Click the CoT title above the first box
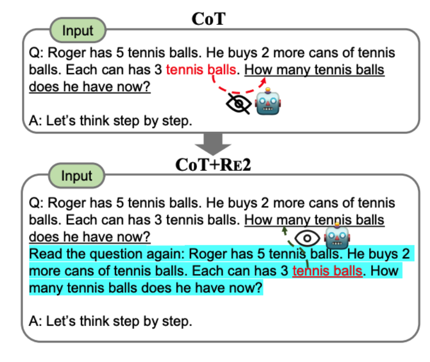(x=208, y=19)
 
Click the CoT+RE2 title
(x=213, y=165)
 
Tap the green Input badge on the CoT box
(x=78, y=30)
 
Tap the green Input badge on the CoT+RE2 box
(x=77, y=176)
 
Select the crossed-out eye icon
(x=238, y=104)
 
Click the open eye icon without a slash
(x=307, y=238)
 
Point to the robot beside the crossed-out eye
(x=268, y=102)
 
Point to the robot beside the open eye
(x=337, y=236)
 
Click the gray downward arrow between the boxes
(x=213, y=144)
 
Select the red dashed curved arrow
(x=236, y=92)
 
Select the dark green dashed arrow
(x=294, y=246)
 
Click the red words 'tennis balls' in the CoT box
(x=201, y=70)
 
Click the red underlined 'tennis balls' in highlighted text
(x=327, y=271)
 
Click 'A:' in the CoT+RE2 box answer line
(x=36, y=321)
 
